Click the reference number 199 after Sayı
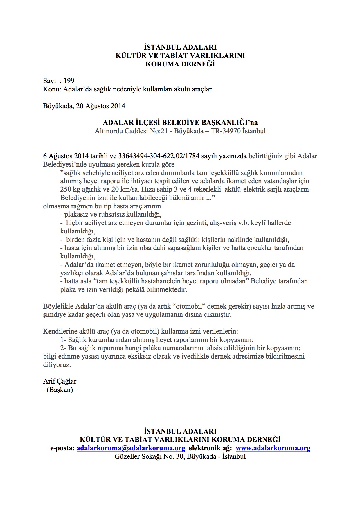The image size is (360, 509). coord(69,81)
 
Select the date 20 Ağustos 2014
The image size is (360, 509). coord(100,106)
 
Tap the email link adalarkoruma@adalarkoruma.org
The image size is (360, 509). coord(131,448)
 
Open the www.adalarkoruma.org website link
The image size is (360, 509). coord(273,448)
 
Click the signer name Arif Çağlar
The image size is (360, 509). coord(60,381)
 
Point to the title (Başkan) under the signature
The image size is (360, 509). coord(60,390)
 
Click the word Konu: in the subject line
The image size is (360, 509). coord(52,89)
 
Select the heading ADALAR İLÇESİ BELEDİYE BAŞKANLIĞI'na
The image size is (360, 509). coord(180,123)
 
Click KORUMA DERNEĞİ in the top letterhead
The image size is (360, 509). coord(180,64)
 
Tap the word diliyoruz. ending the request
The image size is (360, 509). coord(57,365)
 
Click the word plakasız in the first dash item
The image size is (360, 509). coord(76,215)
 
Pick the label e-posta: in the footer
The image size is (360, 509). coord(62,448)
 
